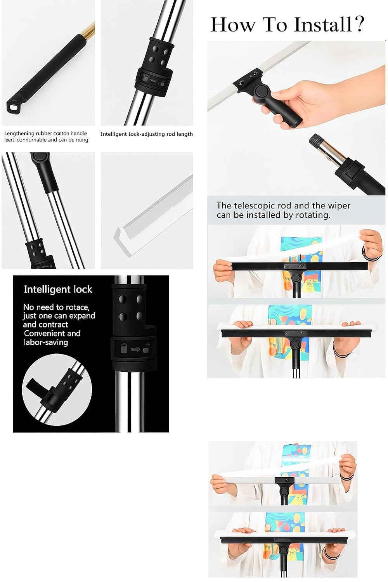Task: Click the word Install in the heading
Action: click(x=323, y=24)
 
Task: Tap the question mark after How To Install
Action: click(x=359, y=24)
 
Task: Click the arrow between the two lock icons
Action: click(x=135, y=349)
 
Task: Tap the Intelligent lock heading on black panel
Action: click(x=58, y=289)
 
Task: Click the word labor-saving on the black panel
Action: click(x=46, y=342)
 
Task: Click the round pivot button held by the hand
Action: click(x=262, y=91)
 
